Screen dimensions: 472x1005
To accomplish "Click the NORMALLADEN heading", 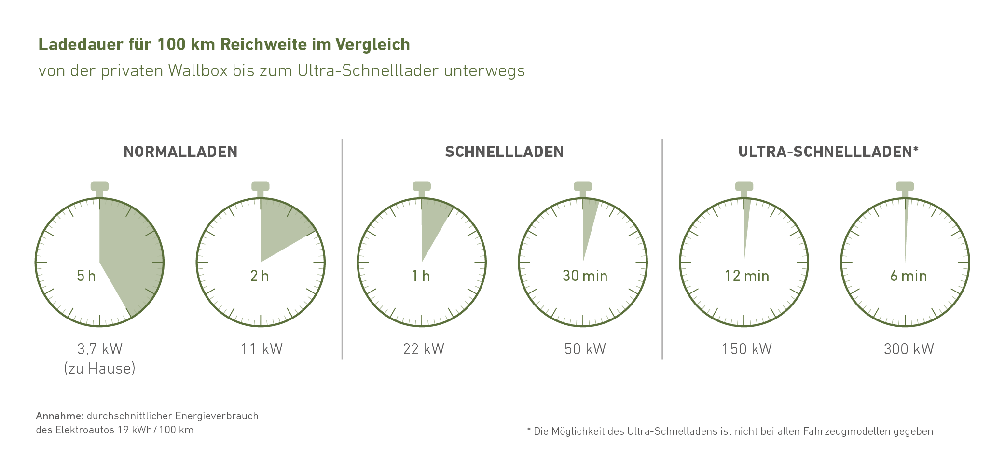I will click(x=180, y=152).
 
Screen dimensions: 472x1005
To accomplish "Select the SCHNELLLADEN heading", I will click(x=504, y=152).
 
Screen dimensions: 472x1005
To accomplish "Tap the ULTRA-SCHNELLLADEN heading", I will click(x=828, y=152).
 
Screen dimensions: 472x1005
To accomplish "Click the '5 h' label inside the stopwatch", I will click(x=86, y=276).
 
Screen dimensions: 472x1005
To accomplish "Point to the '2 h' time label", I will click(x=260, y=276).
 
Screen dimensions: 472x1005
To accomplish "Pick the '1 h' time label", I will click(x=421, y=276).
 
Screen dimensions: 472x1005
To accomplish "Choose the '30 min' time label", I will click(x=585, y=276).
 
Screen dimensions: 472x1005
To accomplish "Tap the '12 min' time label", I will click(x=746, y=276).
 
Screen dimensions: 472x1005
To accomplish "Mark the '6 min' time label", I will click(x=908, y=276).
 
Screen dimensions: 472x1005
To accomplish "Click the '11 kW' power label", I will click(x=262, y=349).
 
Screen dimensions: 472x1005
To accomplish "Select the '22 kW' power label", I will click(x=424, y=349).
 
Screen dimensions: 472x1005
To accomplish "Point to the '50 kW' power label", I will click(x=585, y=349).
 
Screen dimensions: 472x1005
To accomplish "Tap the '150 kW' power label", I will click(x=746, y=349).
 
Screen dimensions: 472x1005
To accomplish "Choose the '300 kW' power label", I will click(x=909, y=349).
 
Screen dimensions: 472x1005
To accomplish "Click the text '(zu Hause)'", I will click(x=100, y=369).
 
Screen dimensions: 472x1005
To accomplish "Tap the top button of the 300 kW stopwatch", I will click(x=905, y=186).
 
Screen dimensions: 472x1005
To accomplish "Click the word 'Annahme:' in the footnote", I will click(x=60, y=416).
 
